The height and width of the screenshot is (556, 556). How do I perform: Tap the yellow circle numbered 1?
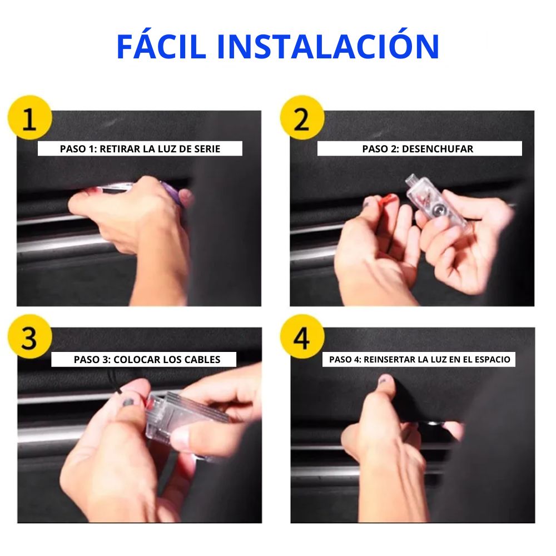[30, 117]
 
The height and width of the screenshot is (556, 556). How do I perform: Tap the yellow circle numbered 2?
[302, 117]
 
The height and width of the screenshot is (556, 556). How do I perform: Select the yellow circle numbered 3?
[30, 336]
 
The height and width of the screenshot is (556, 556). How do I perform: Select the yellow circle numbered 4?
[302, 336]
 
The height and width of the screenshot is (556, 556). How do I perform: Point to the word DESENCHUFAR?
[438, 149]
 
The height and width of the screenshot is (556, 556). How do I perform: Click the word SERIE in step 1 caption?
[207, 149]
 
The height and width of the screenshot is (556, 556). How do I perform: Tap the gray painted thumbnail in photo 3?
[127, 403]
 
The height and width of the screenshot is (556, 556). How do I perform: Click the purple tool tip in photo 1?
[172, 193]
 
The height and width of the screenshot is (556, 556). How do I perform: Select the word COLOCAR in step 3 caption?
[137, 360]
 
